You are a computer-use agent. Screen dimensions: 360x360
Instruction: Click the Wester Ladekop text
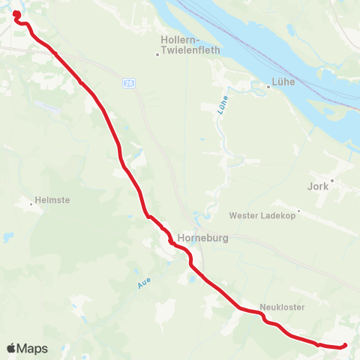click(x=262, y=215)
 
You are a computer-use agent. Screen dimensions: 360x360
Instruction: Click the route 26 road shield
click(x=129, y=82)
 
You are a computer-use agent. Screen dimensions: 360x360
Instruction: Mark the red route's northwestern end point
click(x=16, y=13)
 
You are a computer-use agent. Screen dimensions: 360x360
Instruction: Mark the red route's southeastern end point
click(x=344, y=345)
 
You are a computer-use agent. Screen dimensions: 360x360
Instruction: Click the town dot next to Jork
click(x=331, y=180)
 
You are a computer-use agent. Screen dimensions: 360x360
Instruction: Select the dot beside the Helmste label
click(x=31, y=202)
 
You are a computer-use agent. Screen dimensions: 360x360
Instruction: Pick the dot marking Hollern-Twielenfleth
click(x=157, y=53)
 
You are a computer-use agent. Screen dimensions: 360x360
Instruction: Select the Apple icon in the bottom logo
click(x=10, y=348)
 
